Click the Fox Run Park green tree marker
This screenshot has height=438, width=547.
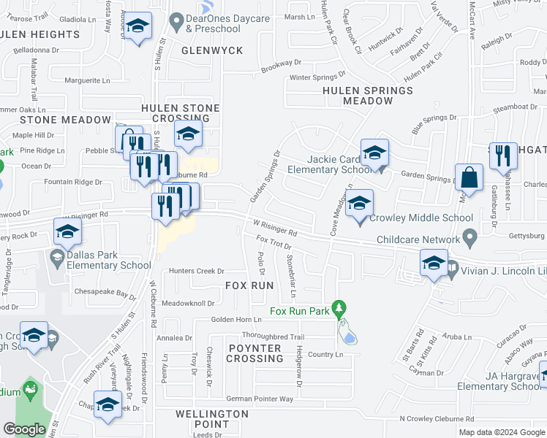pos(338,309)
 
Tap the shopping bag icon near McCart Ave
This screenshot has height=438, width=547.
pos(468,179)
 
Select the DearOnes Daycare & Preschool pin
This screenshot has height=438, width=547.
pos(175,23)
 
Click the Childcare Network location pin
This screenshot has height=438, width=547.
pos(469,239)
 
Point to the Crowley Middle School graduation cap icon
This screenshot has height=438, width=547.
pos(359,204)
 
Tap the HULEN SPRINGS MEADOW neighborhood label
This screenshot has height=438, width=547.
pos(368,96)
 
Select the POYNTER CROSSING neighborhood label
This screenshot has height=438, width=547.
pos(254,353)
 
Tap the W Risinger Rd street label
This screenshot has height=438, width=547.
pos(275,228)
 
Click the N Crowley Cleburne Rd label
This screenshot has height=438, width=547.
pos(437,418)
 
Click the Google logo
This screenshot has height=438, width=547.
pos(24,429)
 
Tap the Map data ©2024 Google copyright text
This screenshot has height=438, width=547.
pos(502,432)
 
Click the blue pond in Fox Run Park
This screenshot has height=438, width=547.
pos(349,337)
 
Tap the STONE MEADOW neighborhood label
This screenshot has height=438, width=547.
pos(54,120)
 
